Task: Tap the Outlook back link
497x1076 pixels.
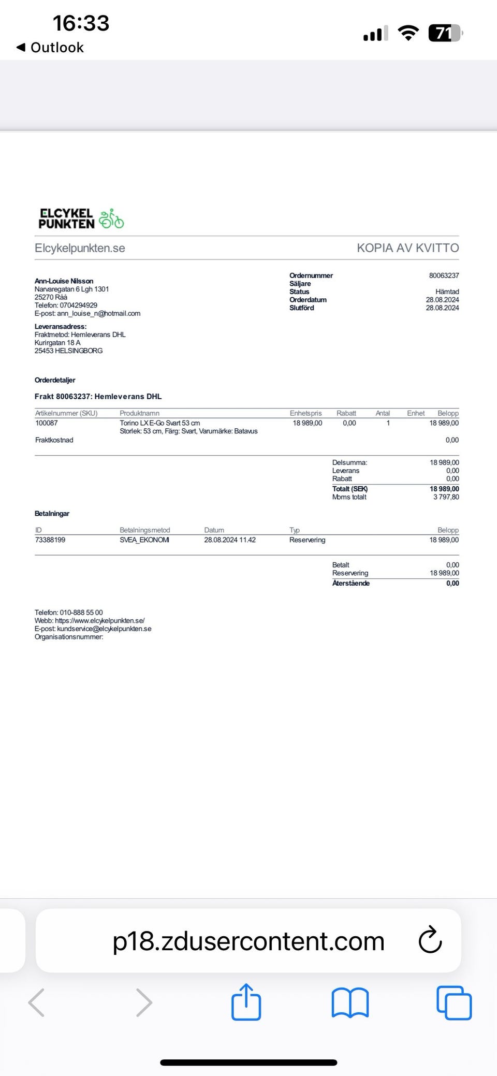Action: coord(50,48)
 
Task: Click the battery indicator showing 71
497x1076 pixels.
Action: coord(444,34)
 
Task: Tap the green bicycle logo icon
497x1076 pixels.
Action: coord(111,219)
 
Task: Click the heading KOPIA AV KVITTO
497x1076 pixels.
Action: coord(407,248)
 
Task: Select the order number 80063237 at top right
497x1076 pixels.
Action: coord(444,275)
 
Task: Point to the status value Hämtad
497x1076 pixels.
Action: coord(447,292)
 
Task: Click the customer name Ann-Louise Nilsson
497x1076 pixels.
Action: coord(64,281)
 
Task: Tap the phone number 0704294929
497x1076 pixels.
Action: coord(78,306)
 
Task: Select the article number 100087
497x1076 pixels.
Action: coord(47,423)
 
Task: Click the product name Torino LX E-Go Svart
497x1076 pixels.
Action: coord(159,423)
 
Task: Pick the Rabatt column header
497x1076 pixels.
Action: coord(346,413)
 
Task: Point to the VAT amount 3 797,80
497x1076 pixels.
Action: coord(446,497)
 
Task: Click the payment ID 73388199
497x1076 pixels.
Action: coord(50,540)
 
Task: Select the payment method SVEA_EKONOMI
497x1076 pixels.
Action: coord(144,540)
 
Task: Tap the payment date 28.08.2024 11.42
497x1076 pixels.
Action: coord(229,540)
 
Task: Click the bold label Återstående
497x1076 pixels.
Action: coord(350,583)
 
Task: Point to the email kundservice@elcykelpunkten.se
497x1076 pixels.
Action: coord(104,629)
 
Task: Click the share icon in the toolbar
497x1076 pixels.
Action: coord(246,1002)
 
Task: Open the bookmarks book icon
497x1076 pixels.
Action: coord(350,1002)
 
